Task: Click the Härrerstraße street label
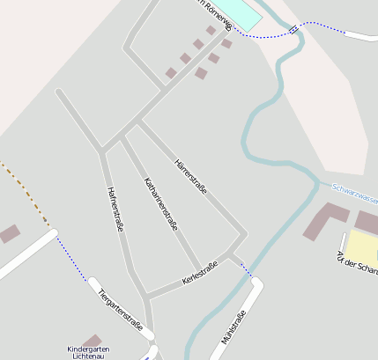point(191,177)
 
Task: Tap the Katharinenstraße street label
point(160,203)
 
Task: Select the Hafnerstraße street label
point(115,209)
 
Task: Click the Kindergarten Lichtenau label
point(93,353)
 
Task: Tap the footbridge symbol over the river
point(293,29)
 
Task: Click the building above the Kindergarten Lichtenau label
point(92,340)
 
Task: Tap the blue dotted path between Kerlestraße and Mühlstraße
point(245,269)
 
